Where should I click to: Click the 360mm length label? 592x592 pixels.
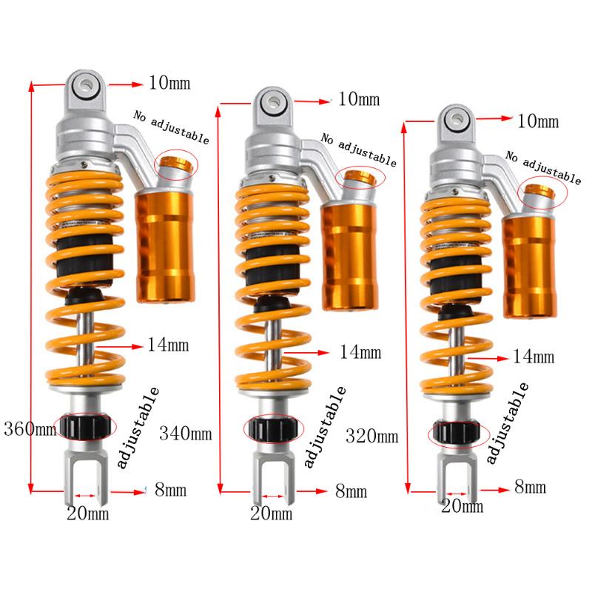(30, 428)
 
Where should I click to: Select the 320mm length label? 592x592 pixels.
(372, 436)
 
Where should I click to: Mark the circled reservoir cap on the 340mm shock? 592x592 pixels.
(358, 177)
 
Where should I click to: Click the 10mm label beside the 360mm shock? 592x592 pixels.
(169, 82)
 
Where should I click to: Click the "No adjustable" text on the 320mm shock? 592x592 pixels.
(543, 166)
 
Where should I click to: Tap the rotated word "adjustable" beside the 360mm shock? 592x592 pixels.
(139, 430)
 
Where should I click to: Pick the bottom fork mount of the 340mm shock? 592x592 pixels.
(272, 469)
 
